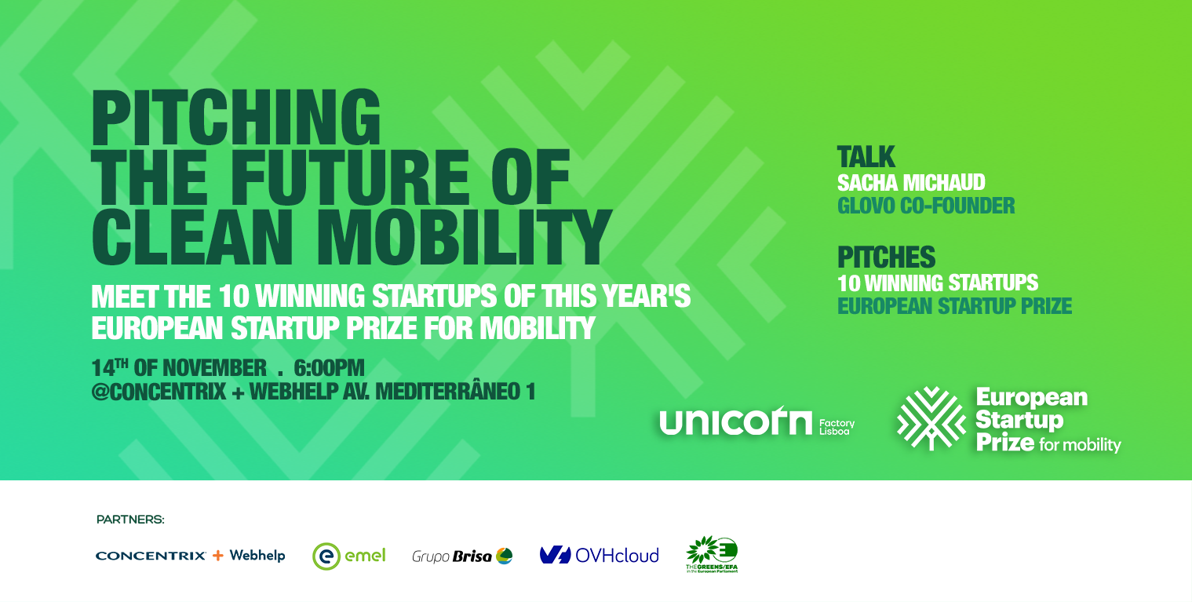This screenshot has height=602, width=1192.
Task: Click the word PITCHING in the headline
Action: coord(235,118)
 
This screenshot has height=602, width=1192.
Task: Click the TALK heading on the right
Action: coord(866,157)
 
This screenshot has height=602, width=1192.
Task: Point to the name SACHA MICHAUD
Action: coord(911,183)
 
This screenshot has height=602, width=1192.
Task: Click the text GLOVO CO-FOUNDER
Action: coord(926,206)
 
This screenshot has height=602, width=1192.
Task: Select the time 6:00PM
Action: coord(329,367)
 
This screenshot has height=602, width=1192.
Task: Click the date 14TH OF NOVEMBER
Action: coord(179,367)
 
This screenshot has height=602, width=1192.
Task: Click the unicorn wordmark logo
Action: coord(735,424)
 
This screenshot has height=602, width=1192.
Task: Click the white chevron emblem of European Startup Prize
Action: coord(931,418)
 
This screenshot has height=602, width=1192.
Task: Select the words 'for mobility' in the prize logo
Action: coord(1080,445)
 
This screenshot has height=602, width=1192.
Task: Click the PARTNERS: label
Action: coord(130,520)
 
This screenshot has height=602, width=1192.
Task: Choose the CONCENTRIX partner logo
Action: coord(151,556)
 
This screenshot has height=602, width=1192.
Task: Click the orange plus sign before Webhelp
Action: coord(217,556)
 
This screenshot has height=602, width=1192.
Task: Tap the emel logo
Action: coord(349,556)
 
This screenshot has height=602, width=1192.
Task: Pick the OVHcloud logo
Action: coord(599,556)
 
